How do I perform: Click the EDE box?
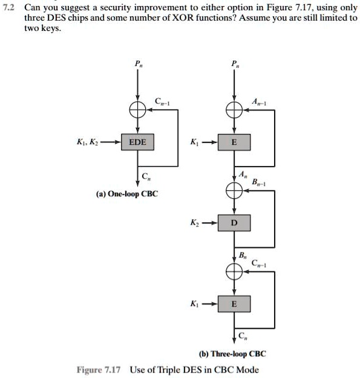point(137,143)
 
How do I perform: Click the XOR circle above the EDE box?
point(137,110)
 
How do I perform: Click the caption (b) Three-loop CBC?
point(233,354)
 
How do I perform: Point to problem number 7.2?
point(10,6)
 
